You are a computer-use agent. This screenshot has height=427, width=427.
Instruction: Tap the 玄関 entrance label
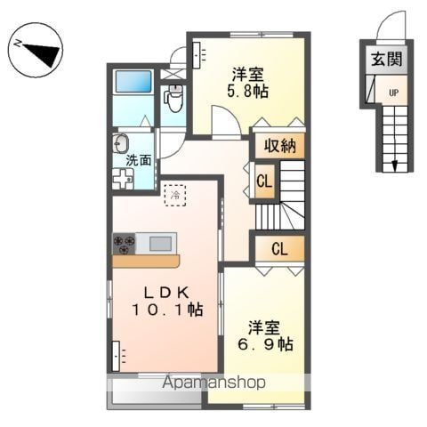(x=385, y=60)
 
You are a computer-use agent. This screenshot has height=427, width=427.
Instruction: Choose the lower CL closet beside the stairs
(x=279, y=248)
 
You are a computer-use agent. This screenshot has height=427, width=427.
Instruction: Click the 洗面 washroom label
(x=138, y=161)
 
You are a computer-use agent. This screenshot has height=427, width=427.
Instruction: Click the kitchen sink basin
(x=161, y=243)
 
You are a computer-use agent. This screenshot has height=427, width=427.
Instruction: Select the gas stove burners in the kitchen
(x=124, y=243)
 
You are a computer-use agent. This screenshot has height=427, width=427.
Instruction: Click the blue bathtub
(x=135, y=84)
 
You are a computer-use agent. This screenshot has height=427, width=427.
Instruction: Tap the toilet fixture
(x=173, y=98)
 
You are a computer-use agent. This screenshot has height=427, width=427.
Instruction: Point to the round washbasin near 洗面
(x=122, y=144)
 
